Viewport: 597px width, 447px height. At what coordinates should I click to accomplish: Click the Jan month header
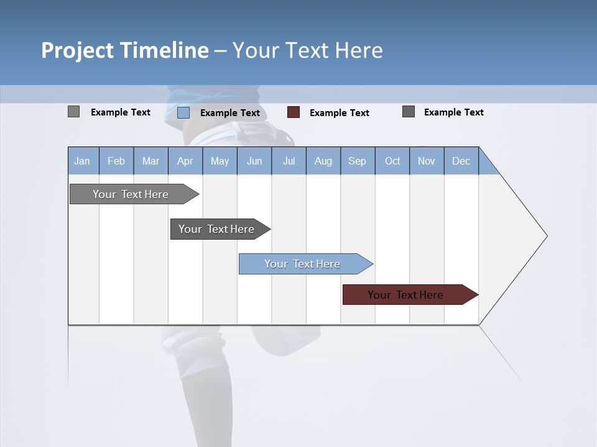83,161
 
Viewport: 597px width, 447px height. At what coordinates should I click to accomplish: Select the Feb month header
116,161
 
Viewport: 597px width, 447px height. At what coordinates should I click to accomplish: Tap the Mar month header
150,161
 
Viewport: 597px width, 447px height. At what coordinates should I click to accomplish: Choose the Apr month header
185,161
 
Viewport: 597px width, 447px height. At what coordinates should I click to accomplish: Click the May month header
220,161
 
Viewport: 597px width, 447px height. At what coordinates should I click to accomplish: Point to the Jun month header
254,161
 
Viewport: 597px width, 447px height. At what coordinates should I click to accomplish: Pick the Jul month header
289,161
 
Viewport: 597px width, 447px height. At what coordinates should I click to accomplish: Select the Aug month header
323,161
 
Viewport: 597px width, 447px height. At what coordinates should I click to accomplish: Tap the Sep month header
358,161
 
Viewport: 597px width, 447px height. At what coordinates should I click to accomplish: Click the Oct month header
392,161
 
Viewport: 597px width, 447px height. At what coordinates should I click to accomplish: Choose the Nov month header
427,161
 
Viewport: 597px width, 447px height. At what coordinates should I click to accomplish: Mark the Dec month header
461,161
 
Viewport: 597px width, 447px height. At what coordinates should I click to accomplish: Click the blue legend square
183,112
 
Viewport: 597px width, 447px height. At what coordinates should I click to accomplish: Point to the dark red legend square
294,112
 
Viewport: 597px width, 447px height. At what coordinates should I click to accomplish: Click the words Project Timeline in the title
125,50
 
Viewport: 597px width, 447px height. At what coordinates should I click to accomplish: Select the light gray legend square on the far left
74,112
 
